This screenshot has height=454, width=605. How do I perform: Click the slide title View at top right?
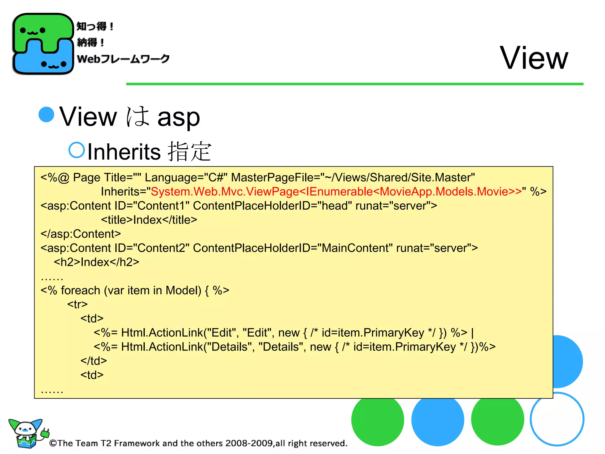534,58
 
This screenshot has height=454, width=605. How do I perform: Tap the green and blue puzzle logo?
43,44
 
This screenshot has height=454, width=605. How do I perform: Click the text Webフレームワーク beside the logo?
123,59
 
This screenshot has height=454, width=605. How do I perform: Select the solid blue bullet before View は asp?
47,114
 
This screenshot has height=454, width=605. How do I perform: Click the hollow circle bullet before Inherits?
77,150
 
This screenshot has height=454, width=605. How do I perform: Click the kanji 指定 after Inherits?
189,151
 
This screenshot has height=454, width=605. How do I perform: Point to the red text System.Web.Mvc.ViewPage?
225,192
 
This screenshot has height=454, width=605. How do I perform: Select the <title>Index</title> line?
149,220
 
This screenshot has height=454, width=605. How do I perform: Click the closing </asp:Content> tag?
81,234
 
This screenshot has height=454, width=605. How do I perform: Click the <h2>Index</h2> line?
96,262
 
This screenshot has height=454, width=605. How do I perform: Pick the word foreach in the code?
80,290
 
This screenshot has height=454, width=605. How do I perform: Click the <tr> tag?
77,304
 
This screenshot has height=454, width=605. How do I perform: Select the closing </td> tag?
94,361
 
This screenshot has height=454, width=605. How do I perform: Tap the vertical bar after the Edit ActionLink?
472,333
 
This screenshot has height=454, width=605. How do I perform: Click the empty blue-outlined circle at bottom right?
557,419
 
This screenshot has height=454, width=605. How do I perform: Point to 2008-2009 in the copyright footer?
249,443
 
